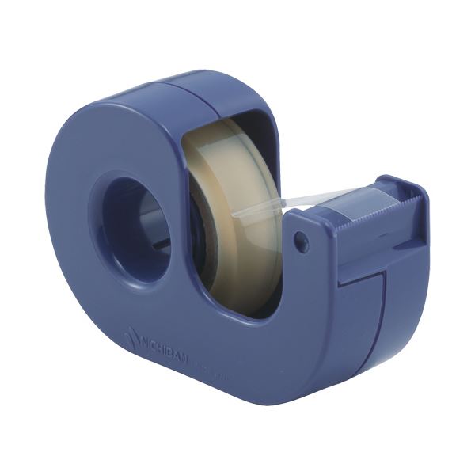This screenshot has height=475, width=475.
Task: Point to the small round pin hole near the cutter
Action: (302, 241)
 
